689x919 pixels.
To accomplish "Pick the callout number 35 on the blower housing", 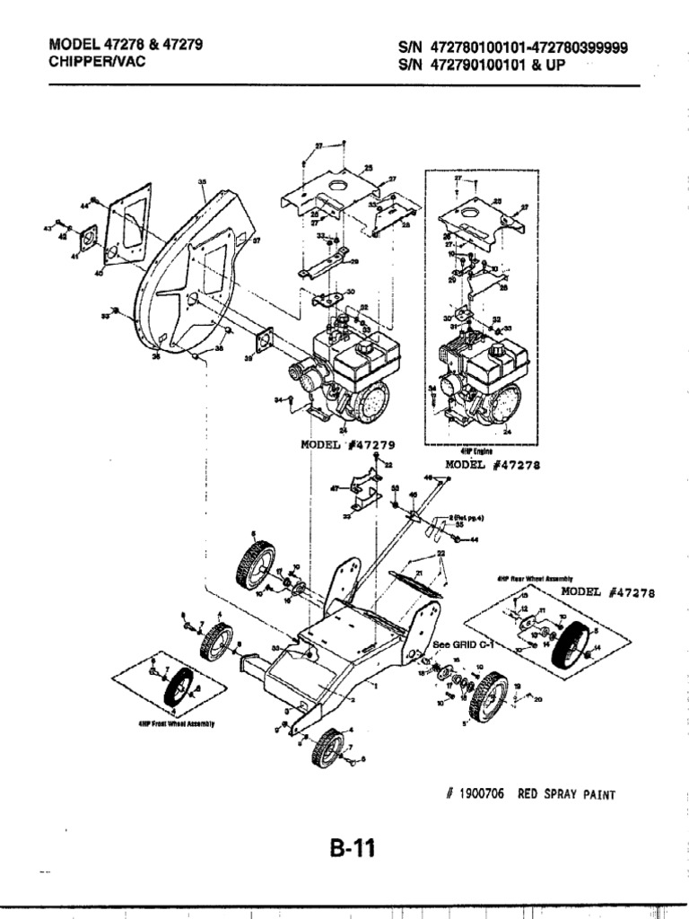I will tap(202, 180).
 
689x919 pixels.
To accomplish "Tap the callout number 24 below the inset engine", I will tap(508, 432).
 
